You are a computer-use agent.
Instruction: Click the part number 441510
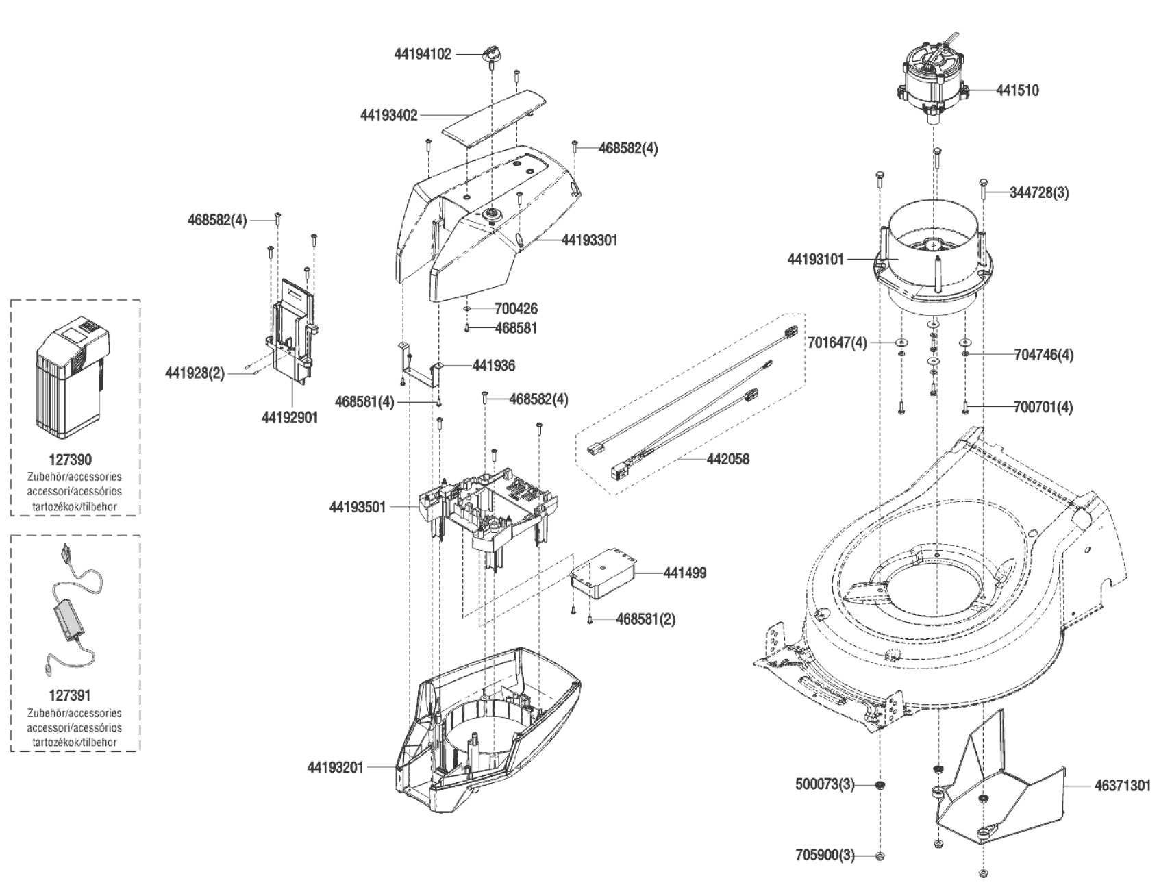point(1017,90)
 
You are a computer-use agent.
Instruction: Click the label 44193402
point(388,116)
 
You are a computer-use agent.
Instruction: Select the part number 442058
point(727,460)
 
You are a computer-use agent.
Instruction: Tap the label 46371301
point(1121,786)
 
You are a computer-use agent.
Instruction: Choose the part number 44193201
point(335,768)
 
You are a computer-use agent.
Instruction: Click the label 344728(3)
point(1038,193)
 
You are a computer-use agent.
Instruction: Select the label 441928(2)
point(195,373)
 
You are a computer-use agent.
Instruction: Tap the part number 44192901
point(290,417)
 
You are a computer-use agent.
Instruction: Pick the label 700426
point(516,309)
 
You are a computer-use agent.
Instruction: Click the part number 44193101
point(816,260)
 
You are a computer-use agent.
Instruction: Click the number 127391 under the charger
point(71,696)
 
